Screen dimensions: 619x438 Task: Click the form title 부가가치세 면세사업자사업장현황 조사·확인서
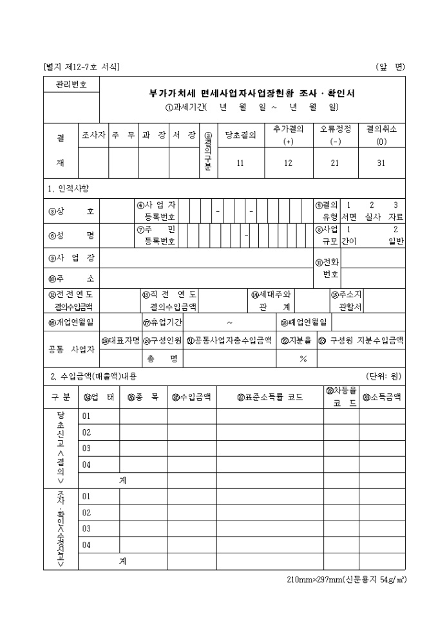pyautogui.click(x=252, y=93)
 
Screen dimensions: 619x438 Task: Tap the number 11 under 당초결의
pyautogui.click(x=240, y=163)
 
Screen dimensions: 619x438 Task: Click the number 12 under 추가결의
pyautogui.click(x=288, y=163)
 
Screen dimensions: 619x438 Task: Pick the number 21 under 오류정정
pyautogui.click(x=335, y=163)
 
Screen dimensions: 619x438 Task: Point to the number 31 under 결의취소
pyautogui.click(x=381, y=163)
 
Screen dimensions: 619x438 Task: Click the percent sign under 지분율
pyautogui.click(x=303, y=359)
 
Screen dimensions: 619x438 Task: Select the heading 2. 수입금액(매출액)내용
pyautogui.click(x=93, y=376)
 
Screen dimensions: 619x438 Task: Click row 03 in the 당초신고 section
pyautogui.click(x=86, y=448)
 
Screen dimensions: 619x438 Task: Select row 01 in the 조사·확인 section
pyautogui.click(x=86, y=496)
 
